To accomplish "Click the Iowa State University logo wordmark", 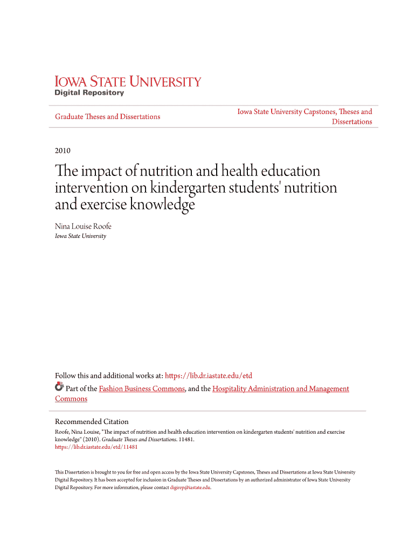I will [128, 82].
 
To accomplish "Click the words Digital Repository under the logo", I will [89, 93].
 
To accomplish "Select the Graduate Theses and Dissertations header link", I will [108, 117].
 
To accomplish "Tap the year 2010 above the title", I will [63, 151].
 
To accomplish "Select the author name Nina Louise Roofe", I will [83, 227].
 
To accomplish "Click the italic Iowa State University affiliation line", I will [81, 236].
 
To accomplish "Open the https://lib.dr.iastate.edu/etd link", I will [209, 376].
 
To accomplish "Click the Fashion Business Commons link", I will [142, 388].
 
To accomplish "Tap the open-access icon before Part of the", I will [59, 387].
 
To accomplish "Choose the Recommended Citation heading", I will [92, 421].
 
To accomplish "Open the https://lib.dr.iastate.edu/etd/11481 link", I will [96, 447].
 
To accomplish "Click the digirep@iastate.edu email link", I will [190, 488].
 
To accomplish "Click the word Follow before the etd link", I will [66, 376].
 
